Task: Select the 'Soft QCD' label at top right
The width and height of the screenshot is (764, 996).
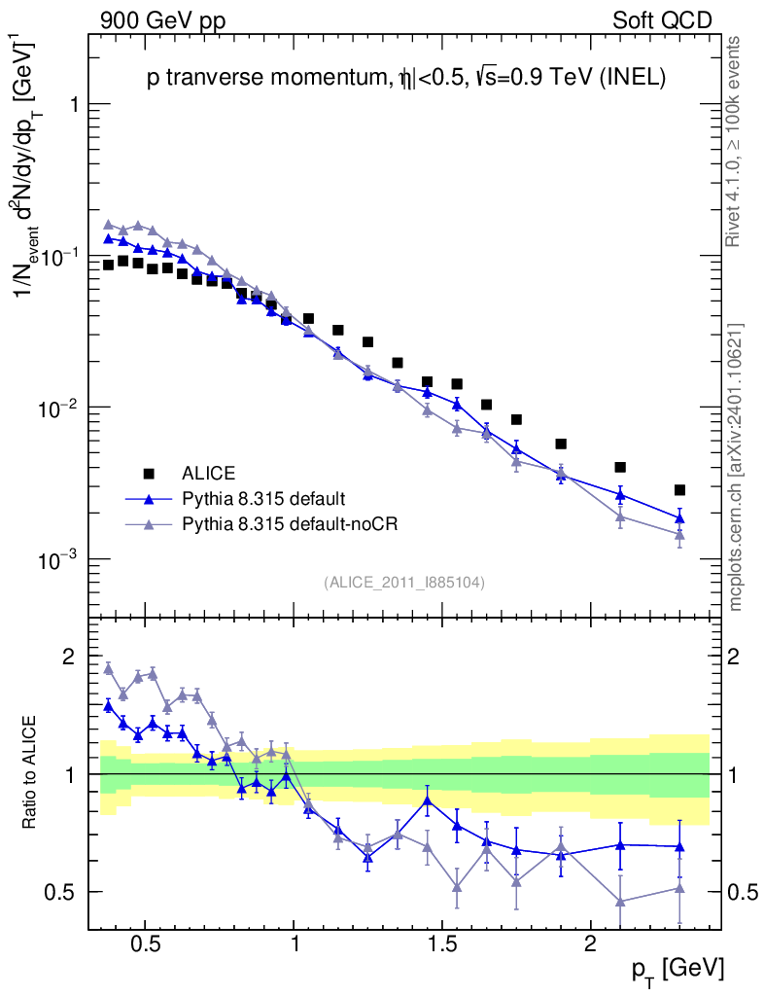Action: click(662, 19)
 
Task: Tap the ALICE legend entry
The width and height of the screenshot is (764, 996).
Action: click(208, 474)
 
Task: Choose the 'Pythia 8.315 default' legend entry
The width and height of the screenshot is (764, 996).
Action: click(262, 499)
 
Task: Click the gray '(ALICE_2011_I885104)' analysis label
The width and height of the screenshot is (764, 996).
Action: click(404, 582)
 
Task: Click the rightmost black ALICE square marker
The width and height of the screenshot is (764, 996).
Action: click(679, 489)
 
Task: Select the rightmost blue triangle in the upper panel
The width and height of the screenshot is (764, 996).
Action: click(679, 517)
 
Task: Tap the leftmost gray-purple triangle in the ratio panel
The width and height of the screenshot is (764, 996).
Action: click(108, 668)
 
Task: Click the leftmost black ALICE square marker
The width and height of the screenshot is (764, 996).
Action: click(108, 265)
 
